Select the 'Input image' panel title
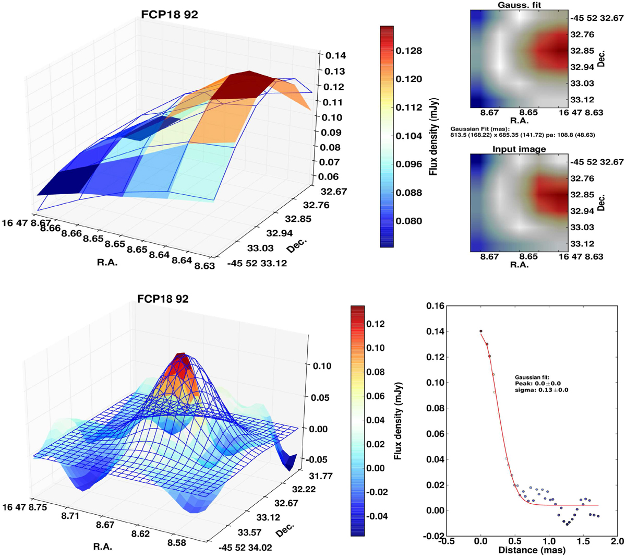(x=519, y=149)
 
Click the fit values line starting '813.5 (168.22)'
(x=522, y=135)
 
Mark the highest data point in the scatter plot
(x=481, y=331)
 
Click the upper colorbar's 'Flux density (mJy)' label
(x=433, y=136)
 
